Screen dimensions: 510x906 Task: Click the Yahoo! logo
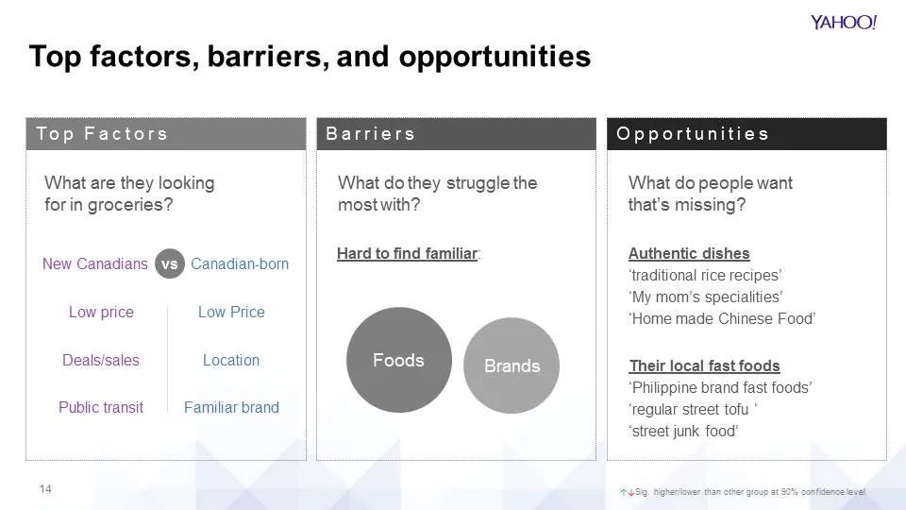coord(843,23)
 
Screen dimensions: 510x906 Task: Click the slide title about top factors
coord(310,57)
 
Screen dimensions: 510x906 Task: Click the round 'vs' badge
coord(169,264)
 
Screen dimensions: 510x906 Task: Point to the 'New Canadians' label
coord(94,264)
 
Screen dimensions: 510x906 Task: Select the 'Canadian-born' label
coord(240,264)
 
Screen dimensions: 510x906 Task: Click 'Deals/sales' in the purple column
coord(101,360)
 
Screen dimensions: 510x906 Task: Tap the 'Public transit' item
coord(101,407)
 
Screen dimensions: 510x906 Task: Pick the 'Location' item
coord(231,360)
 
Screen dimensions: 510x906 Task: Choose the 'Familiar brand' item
coord(231,407)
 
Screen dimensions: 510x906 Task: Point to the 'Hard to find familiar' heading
coord(408,254)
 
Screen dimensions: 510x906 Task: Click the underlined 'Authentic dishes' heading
coord(689,254)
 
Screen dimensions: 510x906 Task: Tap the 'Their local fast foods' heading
coord(704,365)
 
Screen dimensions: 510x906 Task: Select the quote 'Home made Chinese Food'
coord(722,319)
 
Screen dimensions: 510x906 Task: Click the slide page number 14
coord(45,489)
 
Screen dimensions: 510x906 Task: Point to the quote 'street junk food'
coord(683,432)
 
